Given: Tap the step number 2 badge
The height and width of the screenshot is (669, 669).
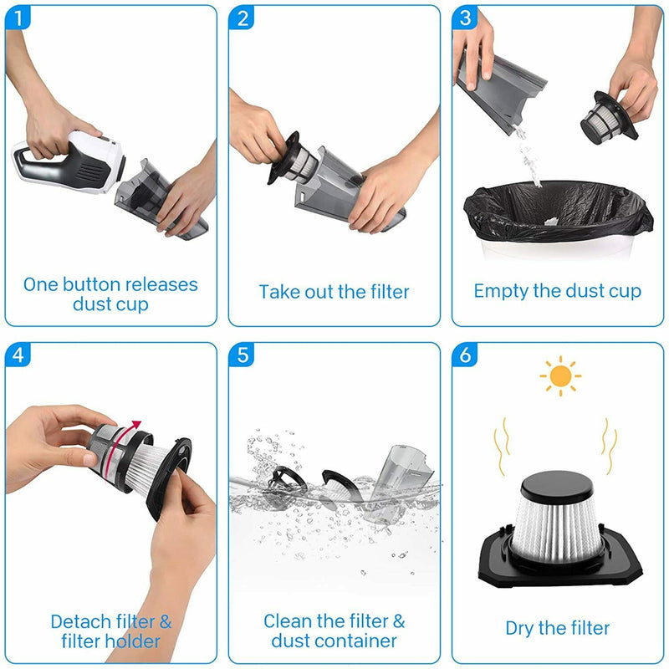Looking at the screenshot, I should point(243,18).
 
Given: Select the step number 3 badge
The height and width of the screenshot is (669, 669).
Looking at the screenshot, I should point(465,18).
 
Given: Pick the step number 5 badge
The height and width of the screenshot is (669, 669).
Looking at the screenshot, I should point(243,355).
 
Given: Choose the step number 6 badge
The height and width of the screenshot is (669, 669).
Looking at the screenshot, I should point(465,355).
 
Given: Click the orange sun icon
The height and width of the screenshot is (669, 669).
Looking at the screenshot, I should point(559,376).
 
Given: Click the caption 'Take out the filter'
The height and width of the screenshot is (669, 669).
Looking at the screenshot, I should point(334,292).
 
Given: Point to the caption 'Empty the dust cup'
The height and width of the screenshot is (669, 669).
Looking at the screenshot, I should point(557,291).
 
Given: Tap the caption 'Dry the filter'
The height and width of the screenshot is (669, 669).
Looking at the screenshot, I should point(557,627).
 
